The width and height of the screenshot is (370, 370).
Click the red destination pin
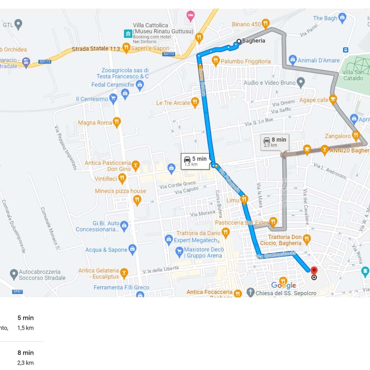[x=314, y=271]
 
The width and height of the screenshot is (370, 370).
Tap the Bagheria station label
[x=254, y=41]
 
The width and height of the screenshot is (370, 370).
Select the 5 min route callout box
[x=195, y=161]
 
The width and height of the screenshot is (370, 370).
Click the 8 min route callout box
[x=275, y=142]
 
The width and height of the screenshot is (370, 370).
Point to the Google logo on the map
[x=284, y=285]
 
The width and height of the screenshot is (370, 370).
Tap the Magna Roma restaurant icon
[x=117, y=122]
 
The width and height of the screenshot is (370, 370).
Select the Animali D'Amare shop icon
[x=293, y=60]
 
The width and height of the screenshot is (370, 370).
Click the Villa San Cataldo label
[x=353, y=75]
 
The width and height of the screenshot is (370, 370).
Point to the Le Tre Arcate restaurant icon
[x=195, y=102]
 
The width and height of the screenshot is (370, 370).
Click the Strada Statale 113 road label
[x=96, y=49]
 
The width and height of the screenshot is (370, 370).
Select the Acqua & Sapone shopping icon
[x=132, y=249]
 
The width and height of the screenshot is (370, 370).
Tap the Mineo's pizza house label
[x=120, y=191]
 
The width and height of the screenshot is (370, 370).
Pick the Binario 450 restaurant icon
[x=266, y=23]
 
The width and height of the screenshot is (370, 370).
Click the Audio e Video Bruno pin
[x=301, y=83]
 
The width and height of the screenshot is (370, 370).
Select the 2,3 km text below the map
[x=25, y=363]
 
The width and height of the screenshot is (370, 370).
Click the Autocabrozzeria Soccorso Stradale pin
[x=14, y=274]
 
